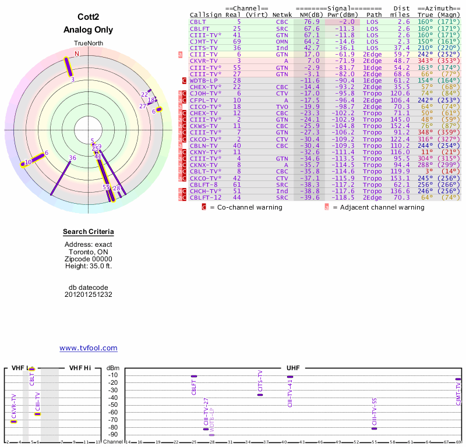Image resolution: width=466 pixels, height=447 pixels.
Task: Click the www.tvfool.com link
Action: [89, 348]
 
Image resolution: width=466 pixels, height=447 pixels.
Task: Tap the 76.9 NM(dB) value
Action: [311, 22]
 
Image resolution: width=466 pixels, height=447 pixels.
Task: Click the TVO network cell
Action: [282, 107]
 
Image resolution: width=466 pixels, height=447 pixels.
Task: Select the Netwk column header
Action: [282, 15]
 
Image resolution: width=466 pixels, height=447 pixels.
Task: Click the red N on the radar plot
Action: [76, 54]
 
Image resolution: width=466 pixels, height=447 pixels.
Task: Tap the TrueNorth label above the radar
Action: [88, 44]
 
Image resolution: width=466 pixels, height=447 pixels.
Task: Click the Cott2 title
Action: [89, 17]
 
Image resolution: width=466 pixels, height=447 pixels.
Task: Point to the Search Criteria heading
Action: [89, 232]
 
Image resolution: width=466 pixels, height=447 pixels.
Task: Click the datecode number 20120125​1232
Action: [89, 295]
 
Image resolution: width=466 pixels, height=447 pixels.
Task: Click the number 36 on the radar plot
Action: [73, 158]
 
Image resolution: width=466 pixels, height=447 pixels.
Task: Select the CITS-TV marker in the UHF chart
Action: [260, 395]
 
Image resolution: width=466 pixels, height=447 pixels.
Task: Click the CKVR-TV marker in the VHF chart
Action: [14, 421]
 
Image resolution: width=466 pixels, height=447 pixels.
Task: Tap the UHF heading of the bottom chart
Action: [293, 368]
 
